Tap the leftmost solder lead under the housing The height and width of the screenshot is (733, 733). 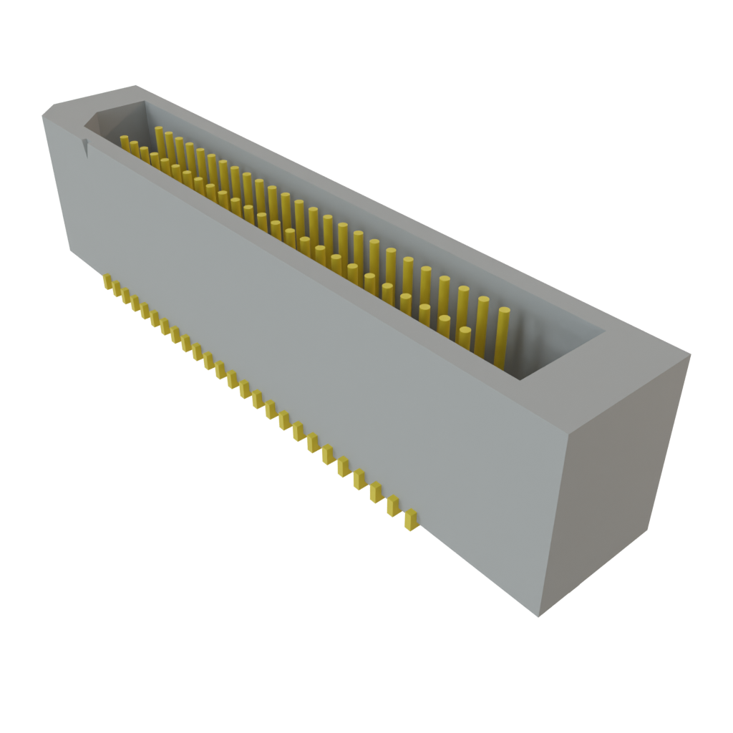point(107,281)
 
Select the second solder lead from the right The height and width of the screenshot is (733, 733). point(393,505)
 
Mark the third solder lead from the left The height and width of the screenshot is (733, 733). point(126,296)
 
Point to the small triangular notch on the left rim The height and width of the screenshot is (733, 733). point(87,147)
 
